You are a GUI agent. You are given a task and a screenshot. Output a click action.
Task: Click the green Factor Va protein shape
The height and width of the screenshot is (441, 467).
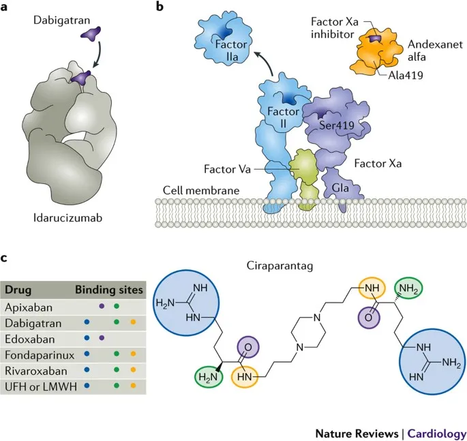click(x=304, y=167)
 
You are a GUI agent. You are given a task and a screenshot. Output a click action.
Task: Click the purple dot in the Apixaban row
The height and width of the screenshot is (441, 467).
click(x=101, y=306)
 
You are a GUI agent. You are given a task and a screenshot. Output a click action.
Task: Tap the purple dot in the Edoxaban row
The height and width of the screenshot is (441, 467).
click(x=101, y=337)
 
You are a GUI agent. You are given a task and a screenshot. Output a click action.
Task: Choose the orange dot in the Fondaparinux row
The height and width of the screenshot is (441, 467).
click(x=132, y=354)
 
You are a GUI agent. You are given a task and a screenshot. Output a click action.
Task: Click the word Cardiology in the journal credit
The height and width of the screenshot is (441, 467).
click(x=437, y=433)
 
